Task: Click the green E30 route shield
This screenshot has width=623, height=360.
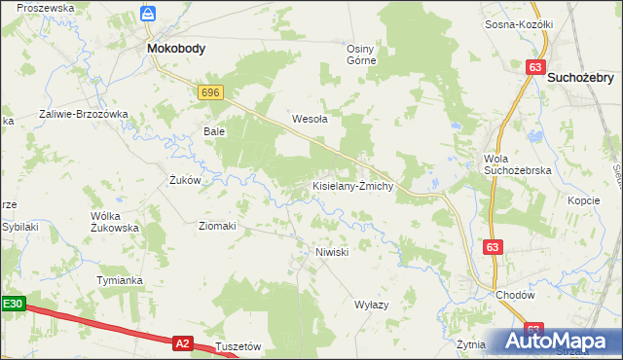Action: (x=12, y=305)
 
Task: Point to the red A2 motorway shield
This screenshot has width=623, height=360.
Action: (x=182, y=342)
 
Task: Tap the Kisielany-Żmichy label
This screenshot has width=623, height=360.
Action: (x=351, y=186)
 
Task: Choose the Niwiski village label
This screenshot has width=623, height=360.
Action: (x=332, y=251)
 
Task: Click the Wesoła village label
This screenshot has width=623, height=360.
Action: (x=311, y=120)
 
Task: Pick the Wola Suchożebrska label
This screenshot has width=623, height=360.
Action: (x=518, y=164)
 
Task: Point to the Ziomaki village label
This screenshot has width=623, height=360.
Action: (x=217, y=226)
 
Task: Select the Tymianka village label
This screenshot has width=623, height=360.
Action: (x=120, y=280)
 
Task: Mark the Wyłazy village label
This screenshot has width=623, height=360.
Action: (x=371, y=305)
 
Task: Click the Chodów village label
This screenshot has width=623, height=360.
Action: (x=515, y=295)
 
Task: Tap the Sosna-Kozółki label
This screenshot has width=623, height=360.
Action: (x=519, y=24)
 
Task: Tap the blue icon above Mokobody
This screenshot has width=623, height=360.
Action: (x=147, y=14)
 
